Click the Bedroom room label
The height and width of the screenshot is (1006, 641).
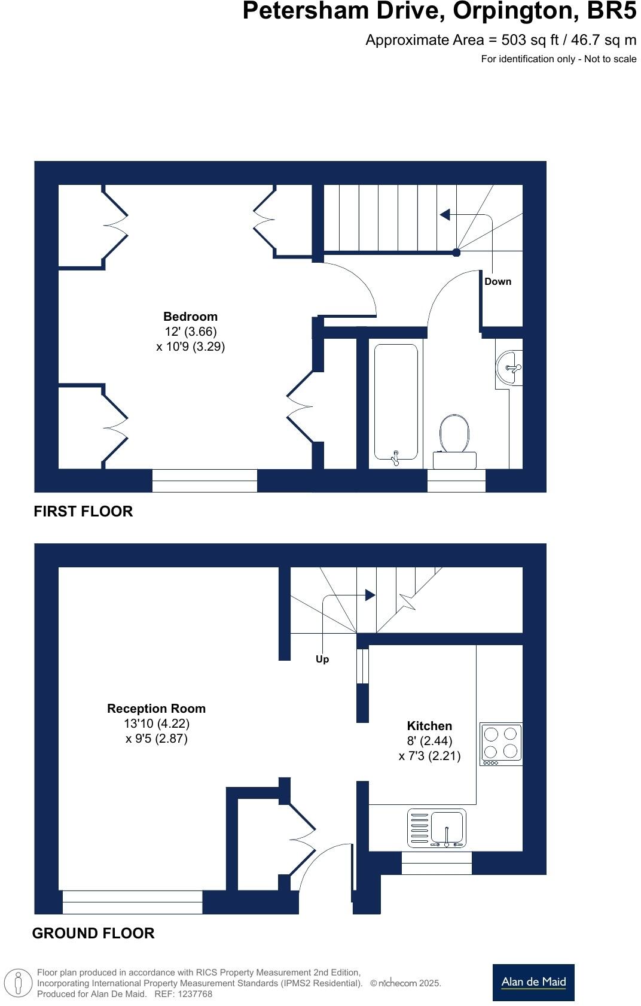pyautogui.click(x=190, y=317)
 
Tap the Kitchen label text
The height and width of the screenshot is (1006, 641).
pyautogui.click(x=429, y=726)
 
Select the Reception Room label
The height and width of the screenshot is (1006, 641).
pyautogui.click(x=156, y=709)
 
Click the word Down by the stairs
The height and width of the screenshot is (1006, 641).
pyautogui.click(x=497, y=281)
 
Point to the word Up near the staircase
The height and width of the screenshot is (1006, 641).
pyautogui.click(x=322, y=659)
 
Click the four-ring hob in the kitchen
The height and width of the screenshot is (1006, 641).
pyautogui.click(x=501, y=743)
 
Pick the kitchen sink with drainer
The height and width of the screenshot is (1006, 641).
pyautogui.click(x=437, y=828)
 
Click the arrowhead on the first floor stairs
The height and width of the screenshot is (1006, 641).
pyautogui.click(x=445, y=214)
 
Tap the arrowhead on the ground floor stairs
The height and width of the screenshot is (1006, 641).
pyautogui.click(x=370, y=595)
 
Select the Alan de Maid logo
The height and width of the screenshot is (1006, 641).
pyautogui.click(x=533, y=982)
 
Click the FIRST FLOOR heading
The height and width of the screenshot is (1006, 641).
pyautogui.click(x=83, y=511)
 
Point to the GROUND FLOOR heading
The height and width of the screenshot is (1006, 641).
pyautogui.click(x=93, y=933)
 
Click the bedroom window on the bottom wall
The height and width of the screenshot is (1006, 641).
pyautogui.click(x=204, y=481)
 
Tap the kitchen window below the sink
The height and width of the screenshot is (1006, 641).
pyautogui.click(x=437, y=863)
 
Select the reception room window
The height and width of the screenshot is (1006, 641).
pyautogui.click(x=132, y=902)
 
